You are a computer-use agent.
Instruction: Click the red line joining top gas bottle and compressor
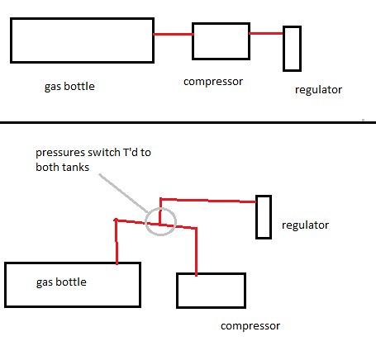pyautogui.click(x=174, y=34)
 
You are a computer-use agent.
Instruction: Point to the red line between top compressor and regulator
pyautogui.click(x=266, y=34)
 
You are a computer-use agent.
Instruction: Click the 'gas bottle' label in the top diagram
pyautogui.click(x=69, y=87)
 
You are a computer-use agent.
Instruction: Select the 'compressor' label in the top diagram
pyautogui.click(x=213, y=82)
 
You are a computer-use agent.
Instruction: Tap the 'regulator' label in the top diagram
pyautogui.click(x=318, y=90)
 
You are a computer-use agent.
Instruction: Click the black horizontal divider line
pyautogui.click(x=188, y=122)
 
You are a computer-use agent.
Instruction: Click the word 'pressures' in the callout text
pyautogui.click(x=60, y=153)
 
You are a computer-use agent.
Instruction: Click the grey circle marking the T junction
pyautogui.click(x=145, y=221)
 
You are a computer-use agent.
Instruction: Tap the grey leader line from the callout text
pyautogui.click(x=124, y=193)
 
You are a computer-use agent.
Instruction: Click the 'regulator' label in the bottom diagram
pyautogui.click(x=305, y=225)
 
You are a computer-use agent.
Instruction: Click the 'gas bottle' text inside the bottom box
pyautogui.click(x=61, y=282)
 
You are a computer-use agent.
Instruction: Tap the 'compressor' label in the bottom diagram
pyautogui.click(x=250, y=326)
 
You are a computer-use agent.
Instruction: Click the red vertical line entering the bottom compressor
pyautogui.click(x=196, y=252)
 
